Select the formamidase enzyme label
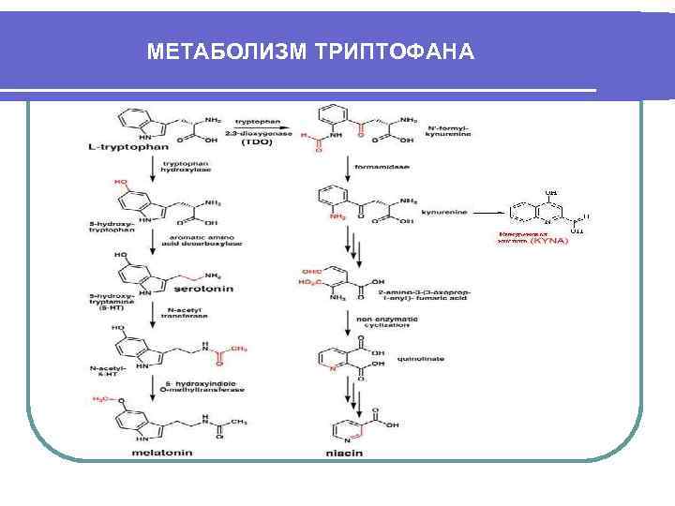click(375, 168)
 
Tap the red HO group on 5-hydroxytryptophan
click(121, 182)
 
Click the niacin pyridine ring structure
click(344, 430)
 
